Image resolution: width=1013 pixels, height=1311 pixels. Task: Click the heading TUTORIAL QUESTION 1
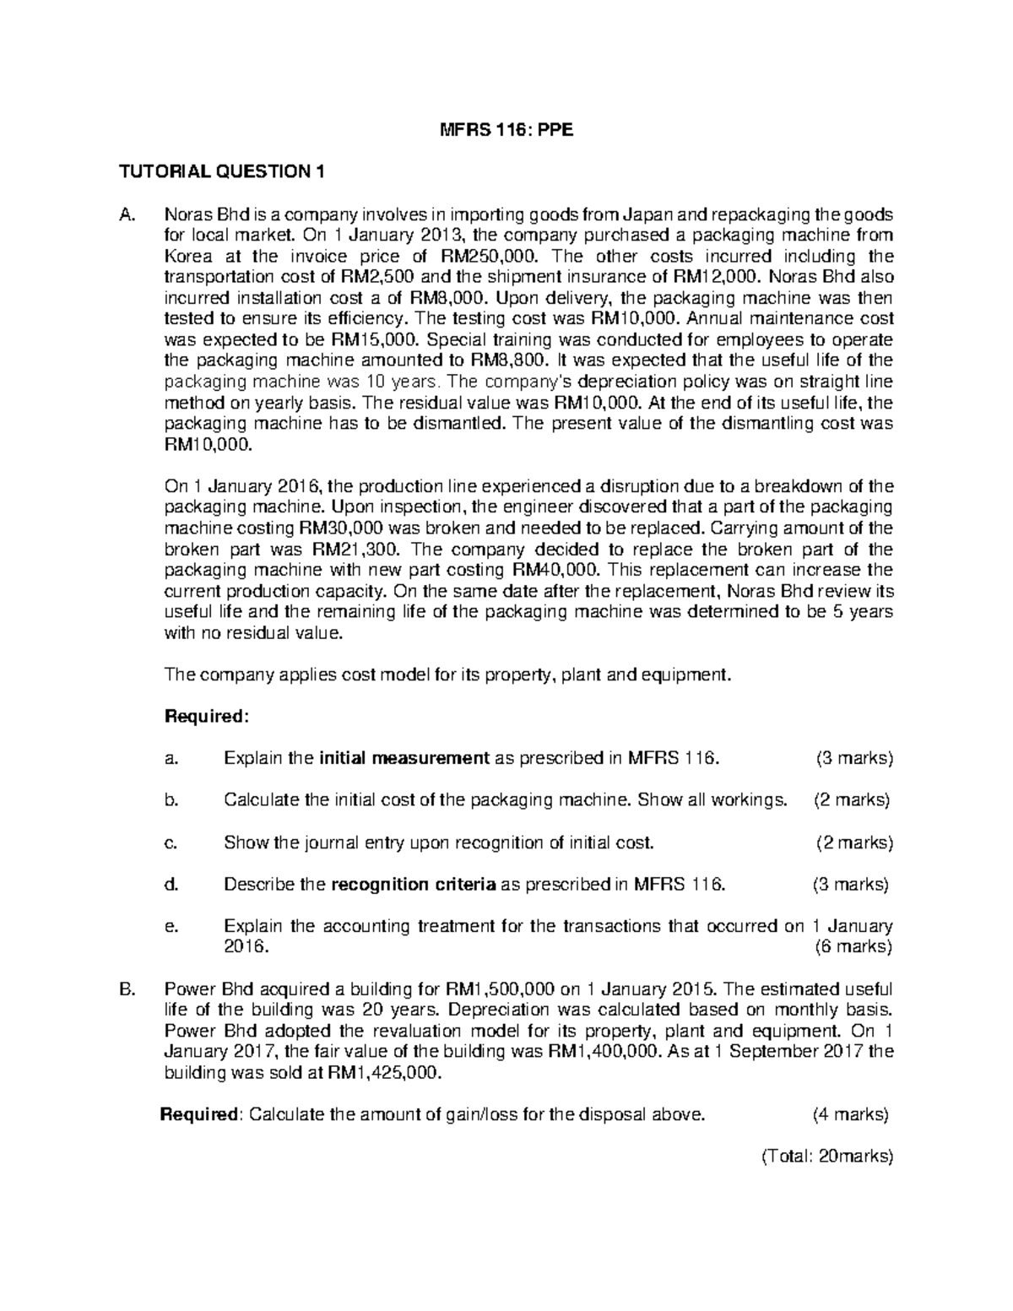click(221, 172)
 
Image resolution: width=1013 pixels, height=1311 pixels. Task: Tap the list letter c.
click(171, 842)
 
